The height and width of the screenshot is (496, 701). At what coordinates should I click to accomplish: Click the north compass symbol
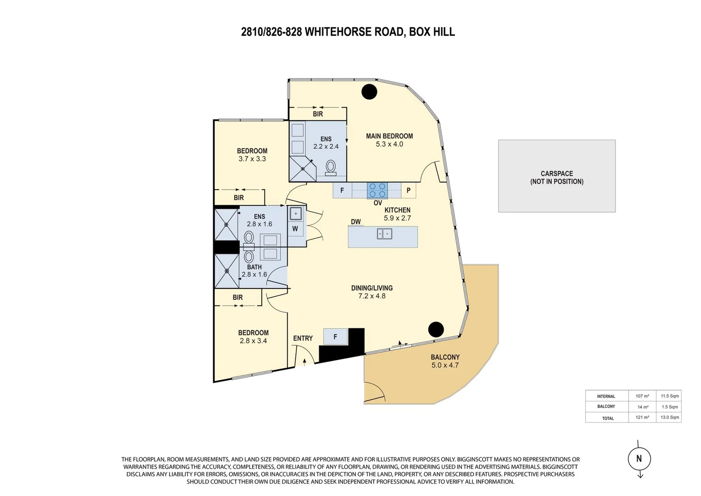639,459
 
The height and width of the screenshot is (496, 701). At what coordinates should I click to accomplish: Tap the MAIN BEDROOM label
389,136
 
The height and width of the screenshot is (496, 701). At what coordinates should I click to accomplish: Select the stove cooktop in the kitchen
377,190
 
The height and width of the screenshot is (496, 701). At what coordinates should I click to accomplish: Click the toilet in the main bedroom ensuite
330,167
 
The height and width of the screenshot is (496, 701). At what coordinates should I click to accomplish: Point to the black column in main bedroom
369,92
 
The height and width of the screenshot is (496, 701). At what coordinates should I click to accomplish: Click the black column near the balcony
436,329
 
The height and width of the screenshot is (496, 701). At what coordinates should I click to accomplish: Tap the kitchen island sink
385,234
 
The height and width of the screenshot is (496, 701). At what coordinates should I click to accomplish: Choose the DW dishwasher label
356,222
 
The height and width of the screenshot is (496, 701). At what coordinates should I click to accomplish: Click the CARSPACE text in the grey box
557,174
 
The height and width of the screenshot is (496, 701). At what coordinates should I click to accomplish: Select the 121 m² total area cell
642,417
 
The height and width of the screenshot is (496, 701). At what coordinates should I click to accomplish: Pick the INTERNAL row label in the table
606,396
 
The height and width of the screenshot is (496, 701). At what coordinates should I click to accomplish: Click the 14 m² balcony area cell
643,407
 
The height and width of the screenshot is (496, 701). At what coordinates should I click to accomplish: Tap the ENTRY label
303,338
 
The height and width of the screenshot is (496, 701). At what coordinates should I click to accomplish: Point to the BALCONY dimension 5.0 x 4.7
445,366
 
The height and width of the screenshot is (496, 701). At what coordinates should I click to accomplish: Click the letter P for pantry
408,190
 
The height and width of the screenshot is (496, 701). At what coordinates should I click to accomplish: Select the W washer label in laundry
295,229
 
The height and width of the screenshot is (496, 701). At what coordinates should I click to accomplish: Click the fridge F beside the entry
335,337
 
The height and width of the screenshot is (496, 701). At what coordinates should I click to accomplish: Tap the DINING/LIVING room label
372,288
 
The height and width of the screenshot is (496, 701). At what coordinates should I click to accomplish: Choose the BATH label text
254,267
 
